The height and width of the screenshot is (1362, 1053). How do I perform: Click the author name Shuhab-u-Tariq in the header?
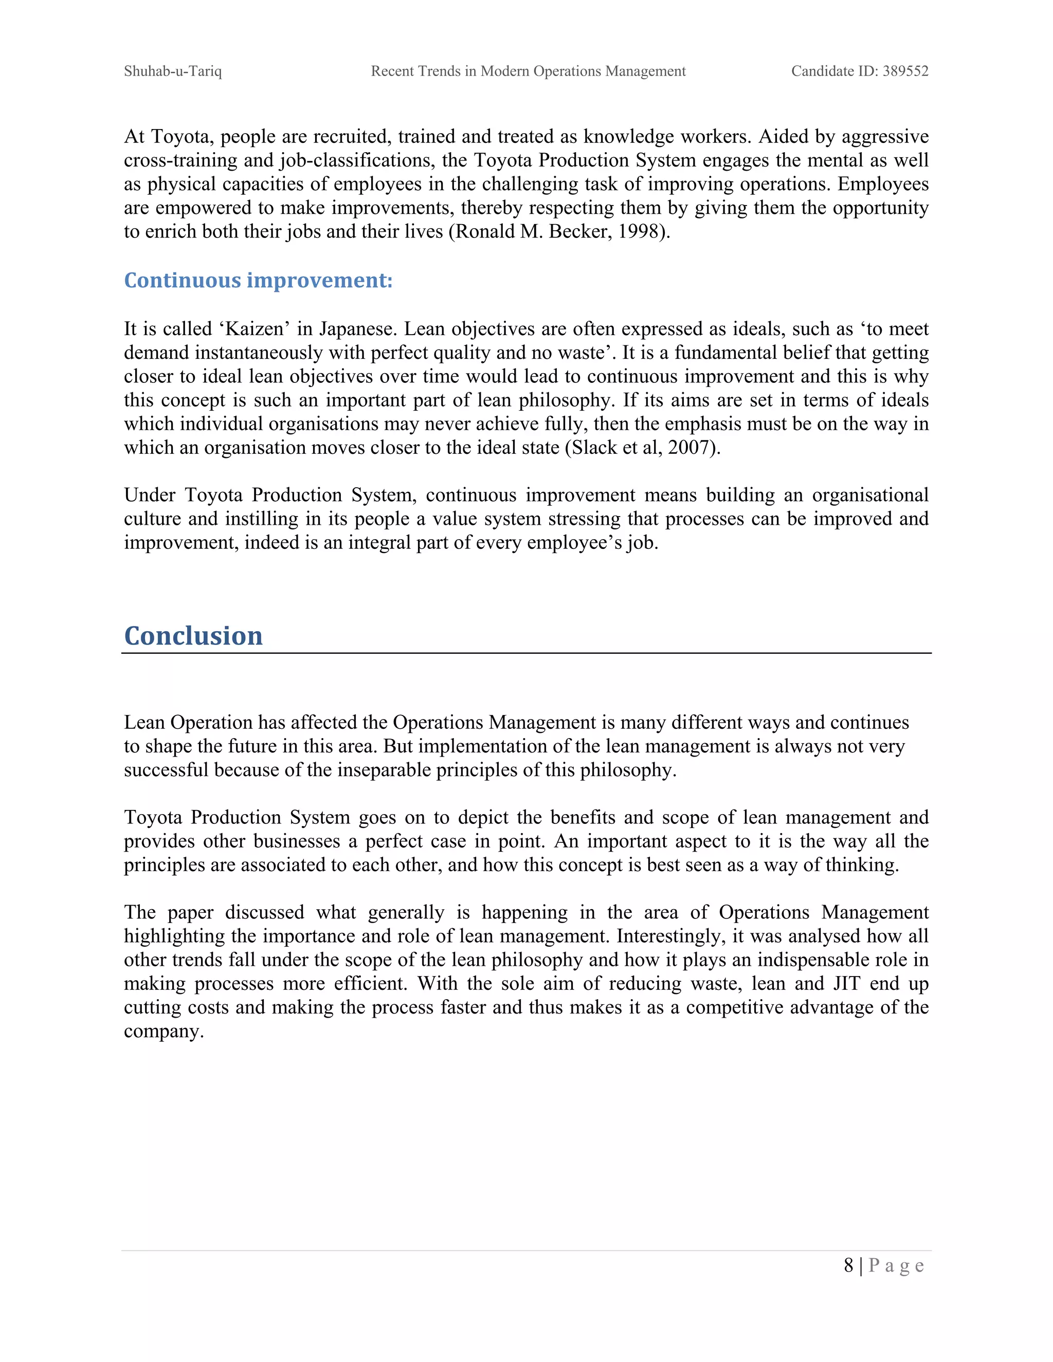click(173, 71)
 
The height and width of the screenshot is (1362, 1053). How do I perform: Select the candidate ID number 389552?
click(905, 71)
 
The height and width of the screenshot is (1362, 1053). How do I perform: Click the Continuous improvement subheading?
click(258, 281)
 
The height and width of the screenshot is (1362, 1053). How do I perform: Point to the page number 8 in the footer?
click(848, 1265)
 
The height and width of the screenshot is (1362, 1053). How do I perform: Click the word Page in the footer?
click(896, 1265)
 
